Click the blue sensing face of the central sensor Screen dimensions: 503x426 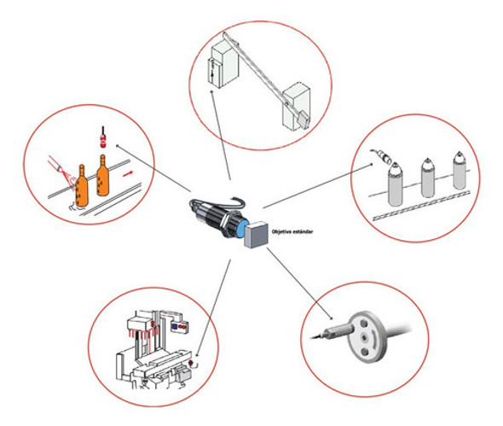(242, 228)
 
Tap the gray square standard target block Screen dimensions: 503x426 (257, 234)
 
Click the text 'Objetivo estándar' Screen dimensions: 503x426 (292, 231)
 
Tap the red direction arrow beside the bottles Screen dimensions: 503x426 (128, 174)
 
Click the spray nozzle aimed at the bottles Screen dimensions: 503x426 (55, 164)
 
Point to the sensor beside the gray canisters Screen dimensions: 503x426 (382, 156)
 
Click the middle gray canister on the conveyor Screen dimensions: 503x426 (427, 178)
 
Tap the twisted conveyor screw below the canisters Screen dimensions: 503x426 (421, 206)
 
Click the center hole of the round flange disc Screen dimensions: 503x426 (364, 338)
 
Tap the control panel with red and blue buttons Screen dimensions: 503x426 (179, 326)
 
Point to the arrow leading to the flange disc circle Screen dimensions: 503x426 (299, 284)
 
